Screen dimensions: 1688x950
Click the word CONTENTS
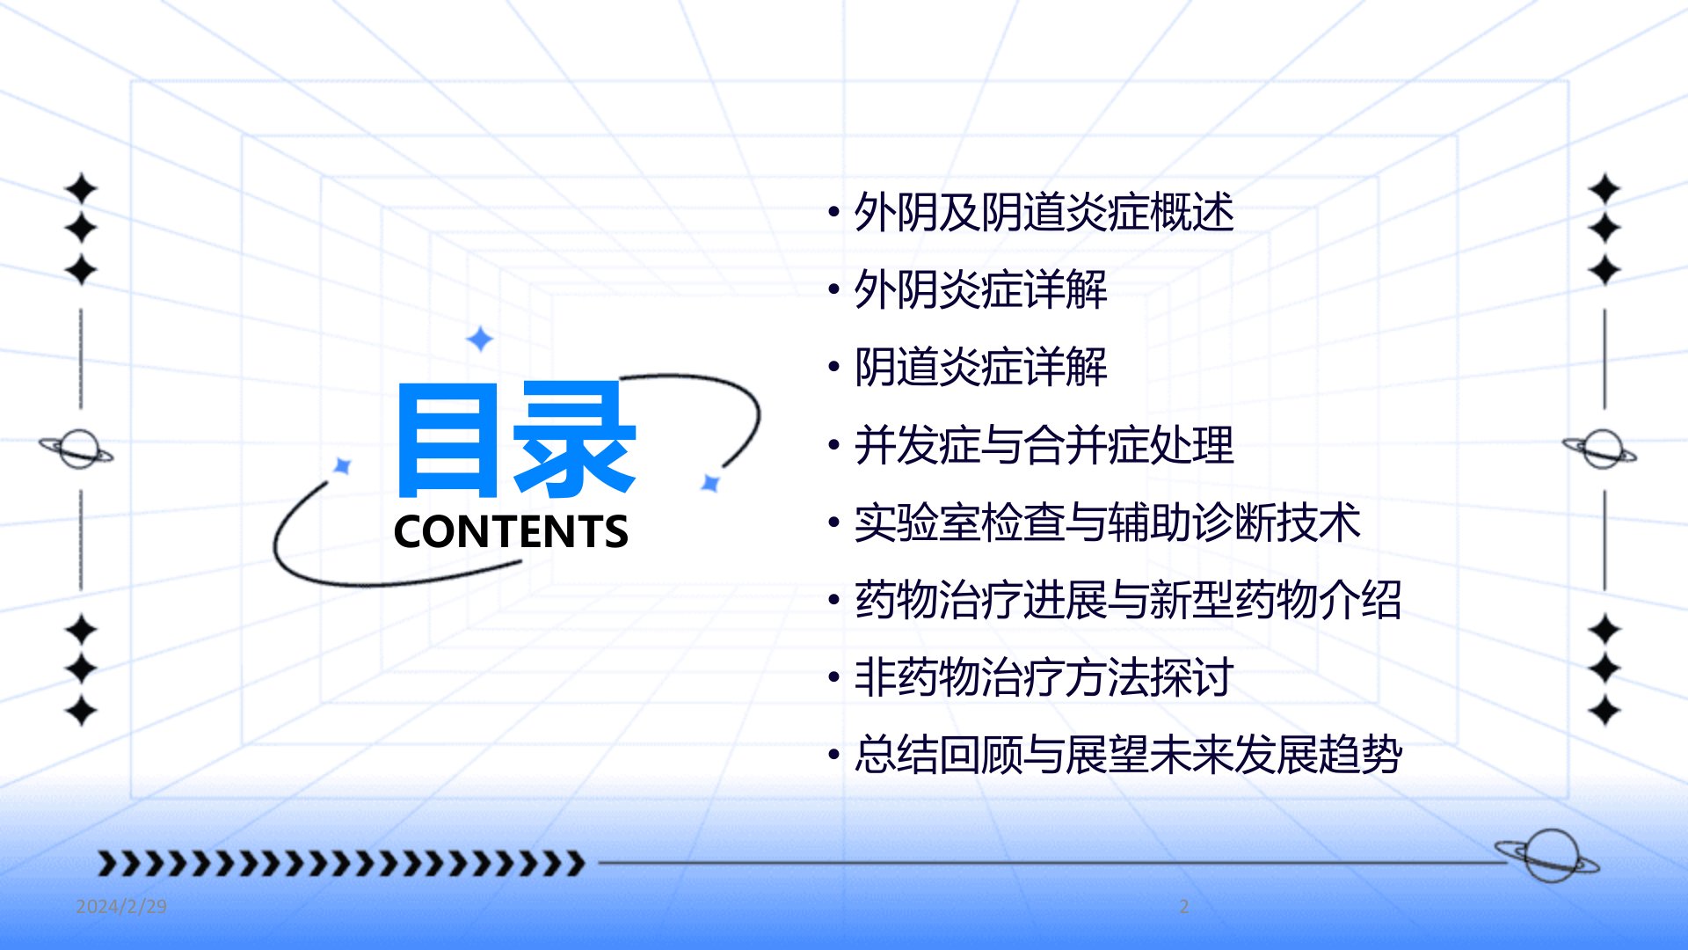[x=511, y=531]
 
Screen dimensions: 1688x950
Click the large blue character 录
[x=575, y=438]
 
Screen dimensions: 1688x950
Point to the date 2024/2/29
[x=121, y=906]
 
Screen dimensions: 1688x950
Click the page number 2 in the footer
[x=1184, y=906]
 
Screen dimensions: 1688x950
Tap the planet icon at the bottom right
[x=1548, y=855]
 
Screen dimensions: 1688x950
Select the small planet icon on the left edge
[x=77, y=449]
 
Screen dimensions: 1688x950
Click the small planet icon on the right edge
[x=1600, y=449]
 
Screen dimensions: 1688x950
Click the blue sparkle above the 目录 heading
[x=479, y=339]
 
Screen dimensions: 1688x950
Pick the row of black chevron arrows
[x=340, y=863]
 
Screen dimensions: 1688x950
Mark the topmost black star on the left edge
[x=81, y=188]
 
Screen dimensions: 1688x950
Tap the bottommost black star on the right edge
[x=1604, y=710]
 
